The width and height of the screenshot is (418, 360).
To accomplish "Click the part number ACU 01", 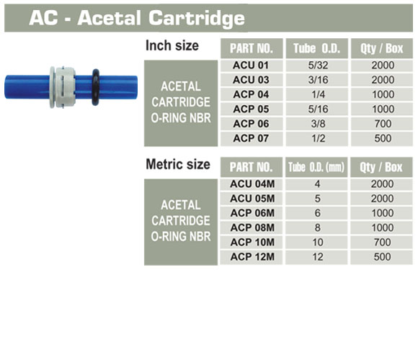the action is tap(251, 66).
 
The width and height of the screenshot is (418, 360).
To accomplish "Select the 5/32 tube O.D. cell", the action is tap(318, 66).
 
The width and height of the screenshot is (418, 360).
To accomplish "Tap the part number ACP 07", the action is tap(251, 138).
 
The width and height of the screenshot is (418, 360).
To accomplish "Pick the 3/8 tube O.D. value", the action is tap(318, 124).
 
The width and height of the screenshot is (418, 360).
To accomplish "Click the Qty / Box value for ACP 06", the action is tap(383, 124).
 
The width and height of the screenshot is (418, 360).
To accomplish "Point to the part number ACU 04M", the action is tap(252, 184).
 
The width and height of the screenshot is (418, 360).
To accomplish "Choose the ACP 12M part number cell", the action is tap(252, 257).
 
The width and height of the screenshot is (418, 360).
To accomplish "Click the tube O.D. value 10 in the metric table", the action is tap(318, 243).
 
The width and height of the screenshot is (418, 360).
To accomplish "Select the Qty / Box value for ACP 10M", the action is tap(383, 243).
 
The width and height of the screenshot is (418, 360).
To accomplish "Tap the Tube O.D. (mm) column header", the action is tap(316, 167).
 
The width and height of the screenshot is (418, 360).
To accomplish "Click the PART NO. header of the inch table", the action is tap(252, 48).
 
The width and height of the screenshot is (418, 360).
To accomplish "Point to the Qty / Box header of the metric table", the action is tap(381, 167).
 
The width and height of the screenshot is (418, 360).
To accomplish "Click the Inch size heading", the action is tap(172, 46).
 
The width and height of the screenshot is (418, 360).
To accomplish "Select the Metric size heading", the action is tap(178, 164).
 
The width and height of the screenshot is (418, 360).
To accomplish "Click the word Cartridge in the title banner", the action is tap(197, 18).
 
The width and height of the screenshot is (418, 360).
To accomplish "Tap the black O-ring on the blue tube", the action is tap(95, 87).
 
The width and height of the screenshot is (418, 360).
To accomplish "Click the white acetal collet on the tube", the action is tap(63, 87).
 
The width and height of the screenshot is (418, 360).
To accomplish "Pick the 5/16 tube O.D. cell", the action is tap(318, 109).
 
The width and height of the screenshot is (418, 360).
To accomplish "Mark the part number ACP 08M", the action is tap(252, 228).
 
